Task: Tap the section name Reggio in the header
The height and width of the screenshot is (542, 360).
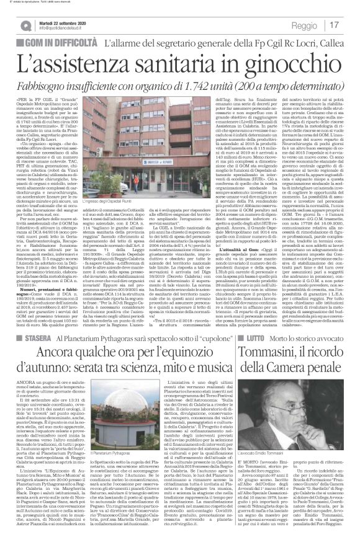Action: pyautogui.click(x=305, y=25)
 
